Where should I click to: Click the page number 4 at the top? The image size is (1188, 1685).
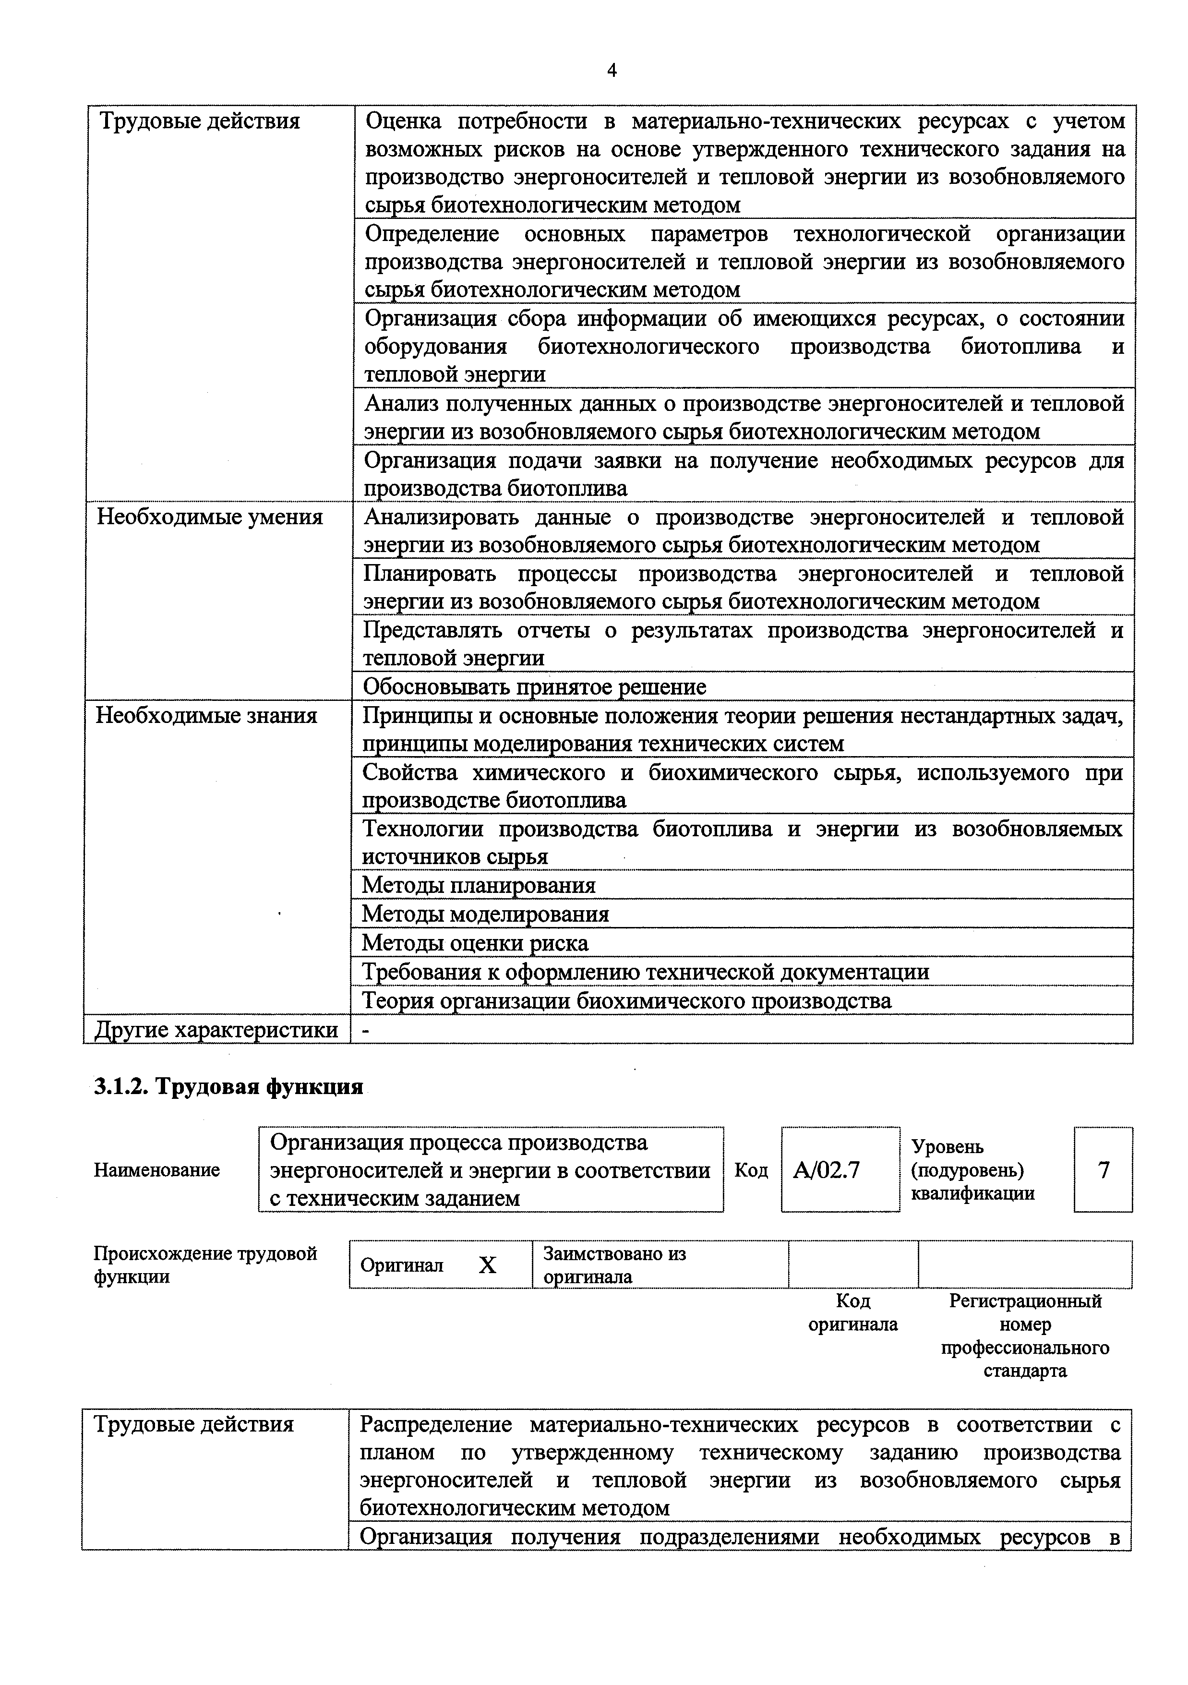(611, 71)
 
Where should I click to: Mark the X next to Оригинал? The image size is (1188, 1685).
(487, 1264)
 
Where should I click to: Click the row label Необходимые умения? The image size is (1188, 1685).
(209, 518)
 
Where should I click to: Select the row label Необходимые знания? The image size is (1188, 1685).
(206, 716)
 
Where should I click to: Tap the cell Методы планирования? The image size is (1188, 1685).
(479, 885)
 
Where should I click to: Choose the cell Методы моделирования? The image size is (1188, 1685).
(485, 914)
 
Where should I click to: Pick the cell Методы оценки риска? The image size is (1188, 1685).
(475, 942)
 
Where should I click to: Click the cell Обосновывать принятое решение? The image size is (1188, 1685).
(534, 687)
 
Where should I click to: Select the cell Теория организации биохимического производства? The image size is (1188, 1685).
(627, 1000)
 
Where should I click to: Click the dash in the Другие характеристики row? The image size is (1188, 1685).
(367, 1030)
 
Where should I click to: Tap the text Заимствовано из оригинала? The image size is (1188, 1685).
(614, 1264)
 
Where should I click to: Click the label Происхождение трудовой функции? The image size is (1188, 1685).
(205, 1264)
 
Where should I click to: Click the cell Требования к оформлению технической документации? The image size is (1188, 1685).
(646, 972)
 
